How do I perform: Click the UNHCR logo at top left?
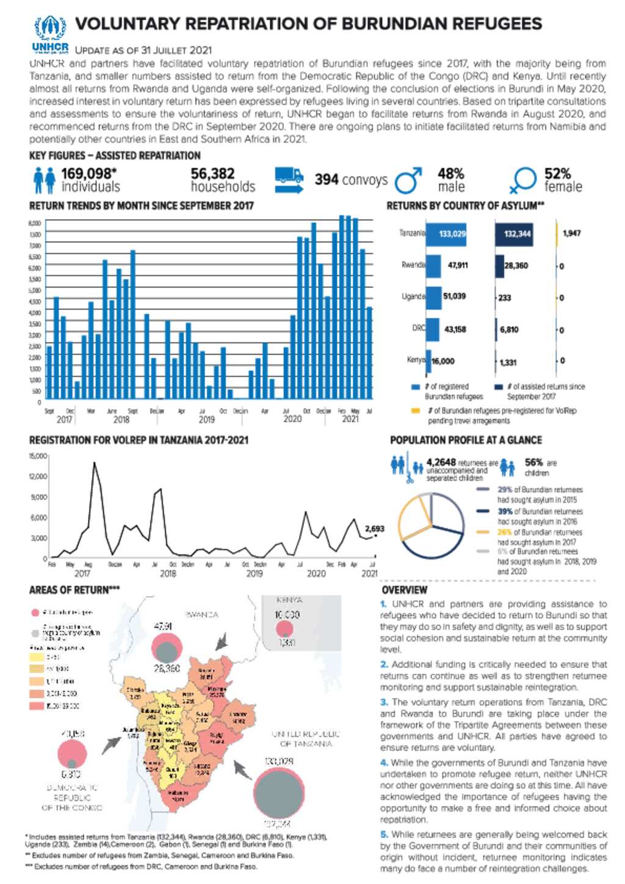click(x=50, y=35)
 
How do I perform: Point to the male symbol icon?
click(x=408, y=180)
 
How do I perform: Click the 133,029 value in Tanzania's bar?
click(x=452, y=234)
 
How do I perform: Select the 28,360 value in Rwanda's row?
click(x=516, y=265)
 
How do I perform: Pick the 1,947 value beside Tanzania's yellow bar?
click(x=571, y=233)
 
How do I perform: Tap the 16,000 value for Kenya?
click(x=443, y=361)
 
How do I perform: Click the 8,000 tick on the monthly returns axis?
click(x=35, y=223)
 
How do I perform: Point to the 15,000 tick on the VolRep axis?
click(x=38, y=456)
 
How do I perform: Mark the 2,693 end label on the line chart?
click(x=375, y=528)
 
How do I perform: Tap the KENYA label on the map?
click(x=289, y=600)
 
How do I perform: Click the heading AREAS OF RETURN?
click(x=74, y=590)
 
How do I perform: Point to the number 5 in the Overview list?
click(x=384, y=834)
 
